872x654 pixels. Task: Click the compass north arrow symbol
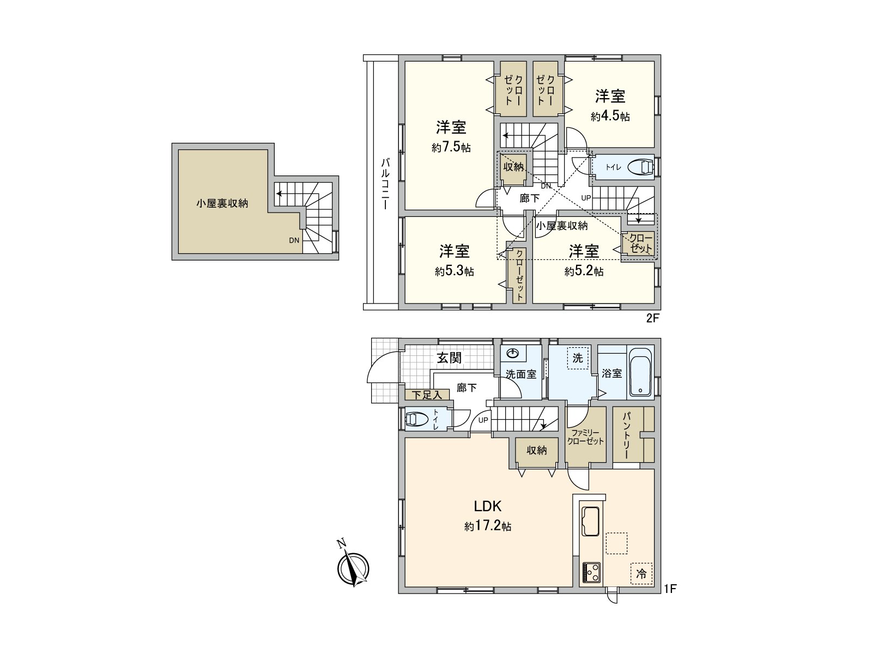[353, 568]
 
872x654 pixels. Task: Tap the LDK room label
[487, 506]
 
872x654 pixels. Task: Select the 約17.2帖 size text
[487, 526]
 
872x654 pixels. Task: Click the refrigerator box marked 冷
[641, 573]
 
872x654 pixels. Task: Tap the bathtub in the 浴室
[640, 372]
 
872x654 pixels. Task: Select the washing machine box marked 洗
[577, 358]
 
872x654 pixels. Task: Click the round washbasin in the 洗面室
[513, 354]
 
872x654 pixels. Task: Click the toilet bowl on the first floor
[417, 419]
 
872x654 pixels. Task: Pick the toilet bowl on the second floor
[640, 167]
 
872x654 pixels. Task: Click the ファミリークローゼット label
[585, 437]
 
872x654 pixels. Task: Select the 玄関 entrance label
[449, 358]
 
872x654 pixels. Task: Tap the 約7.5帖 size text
[451, 148]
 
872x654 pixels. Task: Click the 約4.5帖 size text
[610, 116]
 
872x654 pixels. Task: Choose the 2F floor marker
[653, 319]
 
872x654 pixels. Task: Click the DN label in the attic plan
[294, 240]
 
